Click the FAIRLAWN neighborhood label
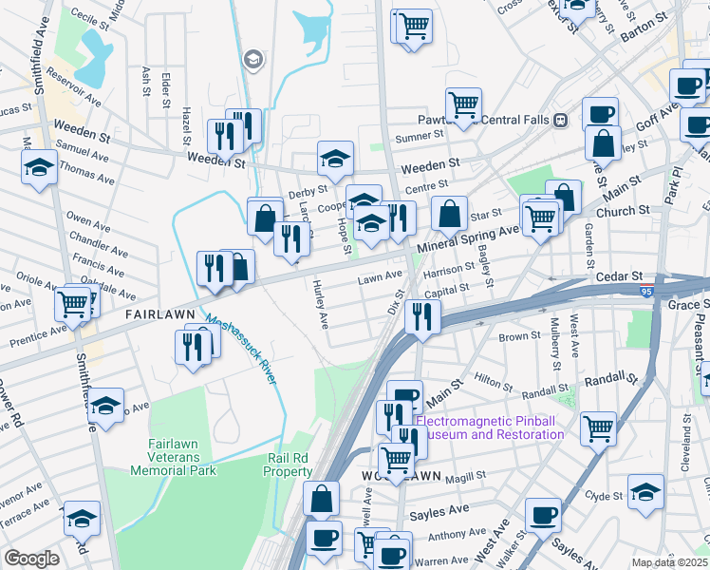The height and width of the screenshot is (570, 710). click(159, 313)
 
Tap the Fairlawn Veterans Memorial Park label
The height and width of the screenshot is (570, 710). click(181, 457)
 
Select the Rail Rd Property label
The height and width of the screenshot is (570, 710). click(289, 465)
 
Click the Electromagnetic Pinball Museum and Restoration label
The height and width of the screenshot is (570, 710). click(490, 427)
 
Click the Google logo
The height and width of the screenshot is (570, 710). click(31, 559)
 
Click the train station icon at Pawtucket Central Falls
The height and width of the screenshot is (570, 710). click(561, 121)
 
